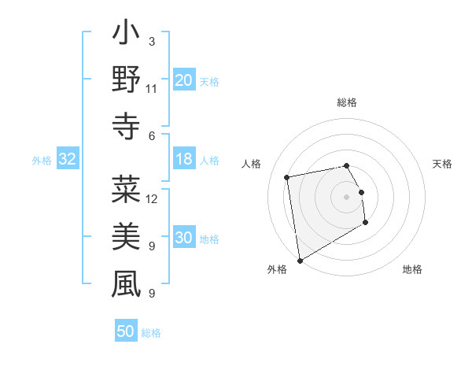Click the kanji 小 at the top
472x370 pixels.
tap(126, 36)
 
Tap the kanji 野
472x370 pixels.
tap(126, 81)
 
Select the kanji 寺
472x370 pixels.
tap(126, 126)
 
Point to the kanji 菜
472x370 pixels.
tap(126, 190)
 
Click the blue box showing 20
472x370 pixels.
tap(184, 80)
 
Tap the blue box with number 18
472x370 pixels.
tap(184, 159)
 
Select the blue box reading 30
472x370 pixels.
tap(184, 238)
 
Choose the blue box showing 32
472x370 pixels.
tap(68, 159)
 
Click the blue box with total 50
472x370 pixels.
tap(126, 331)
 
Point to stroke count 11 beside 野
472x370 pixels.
tap(151, 88)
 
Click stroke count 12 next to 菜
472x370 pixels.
tap(152, 198)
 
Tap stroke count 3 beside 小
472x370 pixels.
tap(151, 41)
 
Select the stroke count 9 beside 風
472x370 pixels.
tap(151, 293)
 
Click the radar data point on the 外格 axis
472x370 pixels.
tap(300, 260)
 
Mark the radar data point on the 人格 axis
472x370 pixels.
tap(287, 176)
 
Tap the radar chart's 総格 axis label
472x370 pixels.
tap(347, 102)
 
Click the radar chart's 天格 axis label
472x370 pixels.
tap(443, 164)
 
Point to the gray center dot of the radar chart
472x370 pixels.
tap(347, 196)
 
